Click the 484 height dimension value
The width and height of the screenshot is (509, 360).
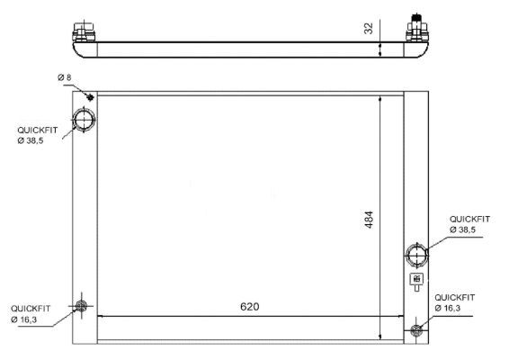(x=369, y=220)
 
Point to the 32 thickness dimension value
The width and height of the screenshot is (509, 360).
(x=369, y=28)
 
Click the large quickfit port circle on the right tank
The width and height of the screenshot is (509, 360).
(x=417, y=255)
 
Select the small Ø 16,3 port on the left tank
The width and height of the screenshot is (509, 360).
(x=82, y=307)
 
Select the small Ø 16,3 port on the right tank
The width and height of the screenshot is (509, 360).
(x=415, y=330)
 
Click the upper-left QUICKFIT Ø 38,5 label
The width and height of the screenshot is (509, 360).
(x=37, y=135)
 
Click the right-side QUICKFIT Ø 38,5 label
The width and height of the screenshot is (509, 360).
(x=469, y=224)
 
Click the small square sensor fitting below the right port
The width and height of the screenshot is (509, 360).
(x=417, y=279)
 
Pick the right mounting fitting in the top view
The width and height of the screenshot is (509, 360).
(x=417, y=30)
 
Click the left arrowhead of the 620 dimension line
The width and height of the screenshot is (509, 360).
(x=100, y=316)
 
